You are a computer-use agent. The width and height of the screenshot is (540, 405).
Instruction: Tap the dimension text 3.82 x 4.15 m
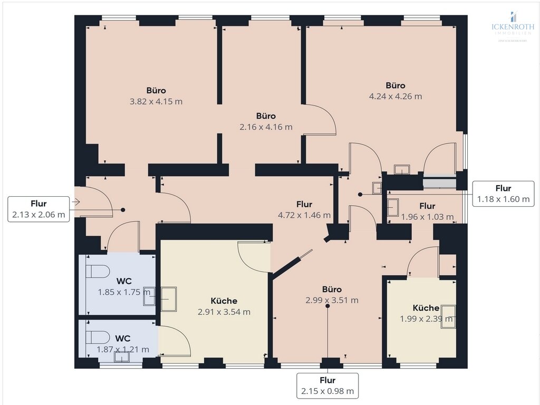[x=156, y=101]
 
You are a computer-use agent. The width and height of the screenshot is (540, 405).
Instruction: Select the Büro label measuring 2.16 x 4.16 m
[x=266, y=115]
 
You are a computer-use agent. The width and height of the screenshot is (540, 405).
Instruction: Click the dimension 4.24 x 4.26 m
[x=396, y=97]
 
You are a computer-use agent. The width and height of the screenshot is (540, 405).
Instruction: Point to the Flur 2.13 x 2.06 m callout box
[x=39, y=209]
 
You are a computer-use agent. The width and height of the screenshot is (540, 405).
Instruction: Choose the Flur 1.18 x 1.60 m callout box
[x=503, y=193]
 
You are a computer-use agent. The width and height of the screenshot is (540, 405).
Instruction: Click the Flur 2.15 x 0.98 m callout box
[x=327, y=385]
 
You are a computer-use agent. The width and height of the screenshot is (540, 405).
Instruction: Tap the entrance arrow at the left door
[x=75, y=201]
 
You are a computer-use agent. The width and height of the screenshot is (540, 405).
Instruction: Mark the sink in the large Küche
[x=168, y=299]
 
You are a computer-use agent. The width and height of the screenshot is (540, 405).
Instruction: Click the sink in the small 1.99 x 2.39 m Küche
[x=448, y=316]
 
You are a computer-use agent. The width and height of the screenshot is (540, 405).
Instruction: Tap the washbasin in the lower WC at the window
[x=122, y=357]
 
